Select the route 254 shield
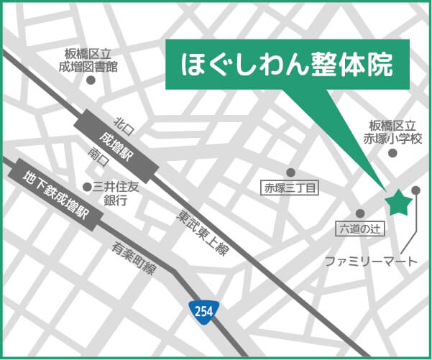pyautogui.click(x=203, y=310)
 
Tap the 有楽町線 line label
pyautogui.click(x=134, y=258)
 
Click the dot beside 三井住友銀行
pyautogui.click(x=88, y=187)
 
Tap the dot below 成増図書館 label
pyautogui.click(x=91, y=80)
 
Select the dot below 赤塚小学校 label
pyautogui.click(x=392, y=152)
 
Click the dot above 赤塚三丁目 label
pyautogui.click(x=291, y=172)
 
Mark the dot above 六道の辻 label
pyautogui.click(x=360, y=213)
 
